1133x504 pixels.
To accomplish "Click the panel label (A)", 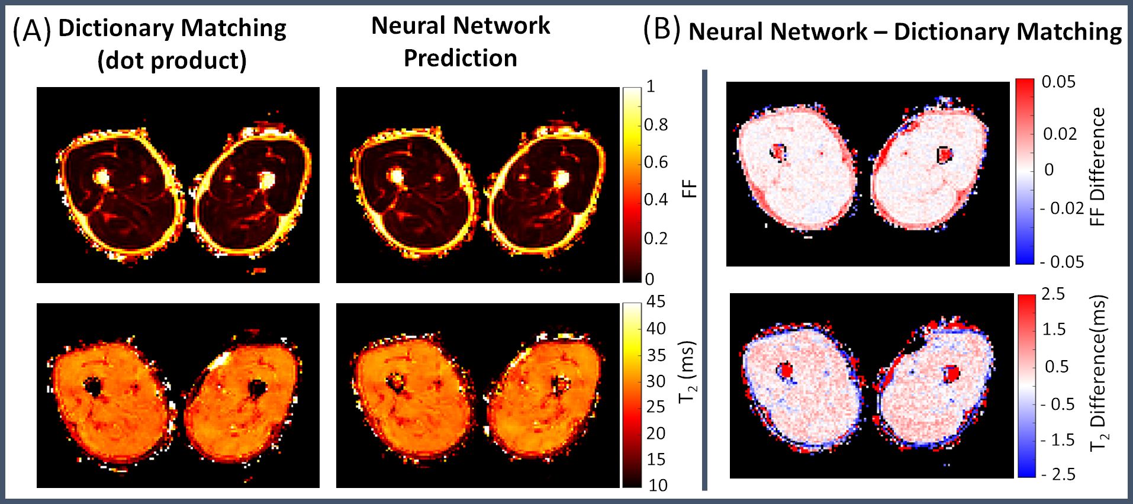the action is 31,30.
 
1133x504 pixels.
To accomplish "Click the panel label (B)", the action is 661,30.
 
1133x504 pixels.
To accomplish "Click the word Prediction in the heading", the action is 460,58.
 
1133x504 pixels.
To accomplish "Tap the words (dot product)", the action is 172,60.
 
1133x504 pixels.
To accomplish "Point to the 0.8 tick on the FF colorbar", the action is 656,124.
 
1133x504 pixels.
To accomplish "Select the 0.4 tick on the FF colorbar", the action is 656,200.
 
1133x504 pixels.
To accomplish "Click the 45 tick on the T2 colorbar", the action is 656,301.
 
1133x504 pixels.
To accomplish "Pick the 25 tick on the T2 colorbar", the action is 656,407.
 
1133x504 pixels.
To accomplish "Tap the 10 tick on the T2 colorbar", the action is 658,486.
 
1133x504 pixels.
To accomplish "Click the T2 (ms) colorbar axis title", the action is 688,372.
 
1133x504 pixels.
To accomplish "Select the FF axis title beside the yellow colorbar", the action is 690,189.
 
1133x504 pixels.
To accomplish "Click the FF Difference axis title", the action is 1097,167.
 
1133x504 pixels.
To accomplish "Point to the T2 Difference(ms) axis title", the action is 1099,373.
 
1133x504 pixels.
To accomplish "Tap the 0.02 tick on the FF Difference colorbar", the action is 1060,134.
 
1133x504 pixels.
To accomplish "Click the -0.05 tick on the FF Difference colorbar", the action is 1063,262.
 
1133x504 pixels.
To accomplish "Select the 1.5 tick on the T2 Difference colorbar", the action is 1054,329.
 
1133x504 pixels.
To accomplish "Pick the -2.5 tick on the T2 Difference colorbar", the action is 1058,474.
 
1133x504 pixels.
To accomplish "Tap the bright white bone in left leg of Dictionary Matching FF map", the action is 101,176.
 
